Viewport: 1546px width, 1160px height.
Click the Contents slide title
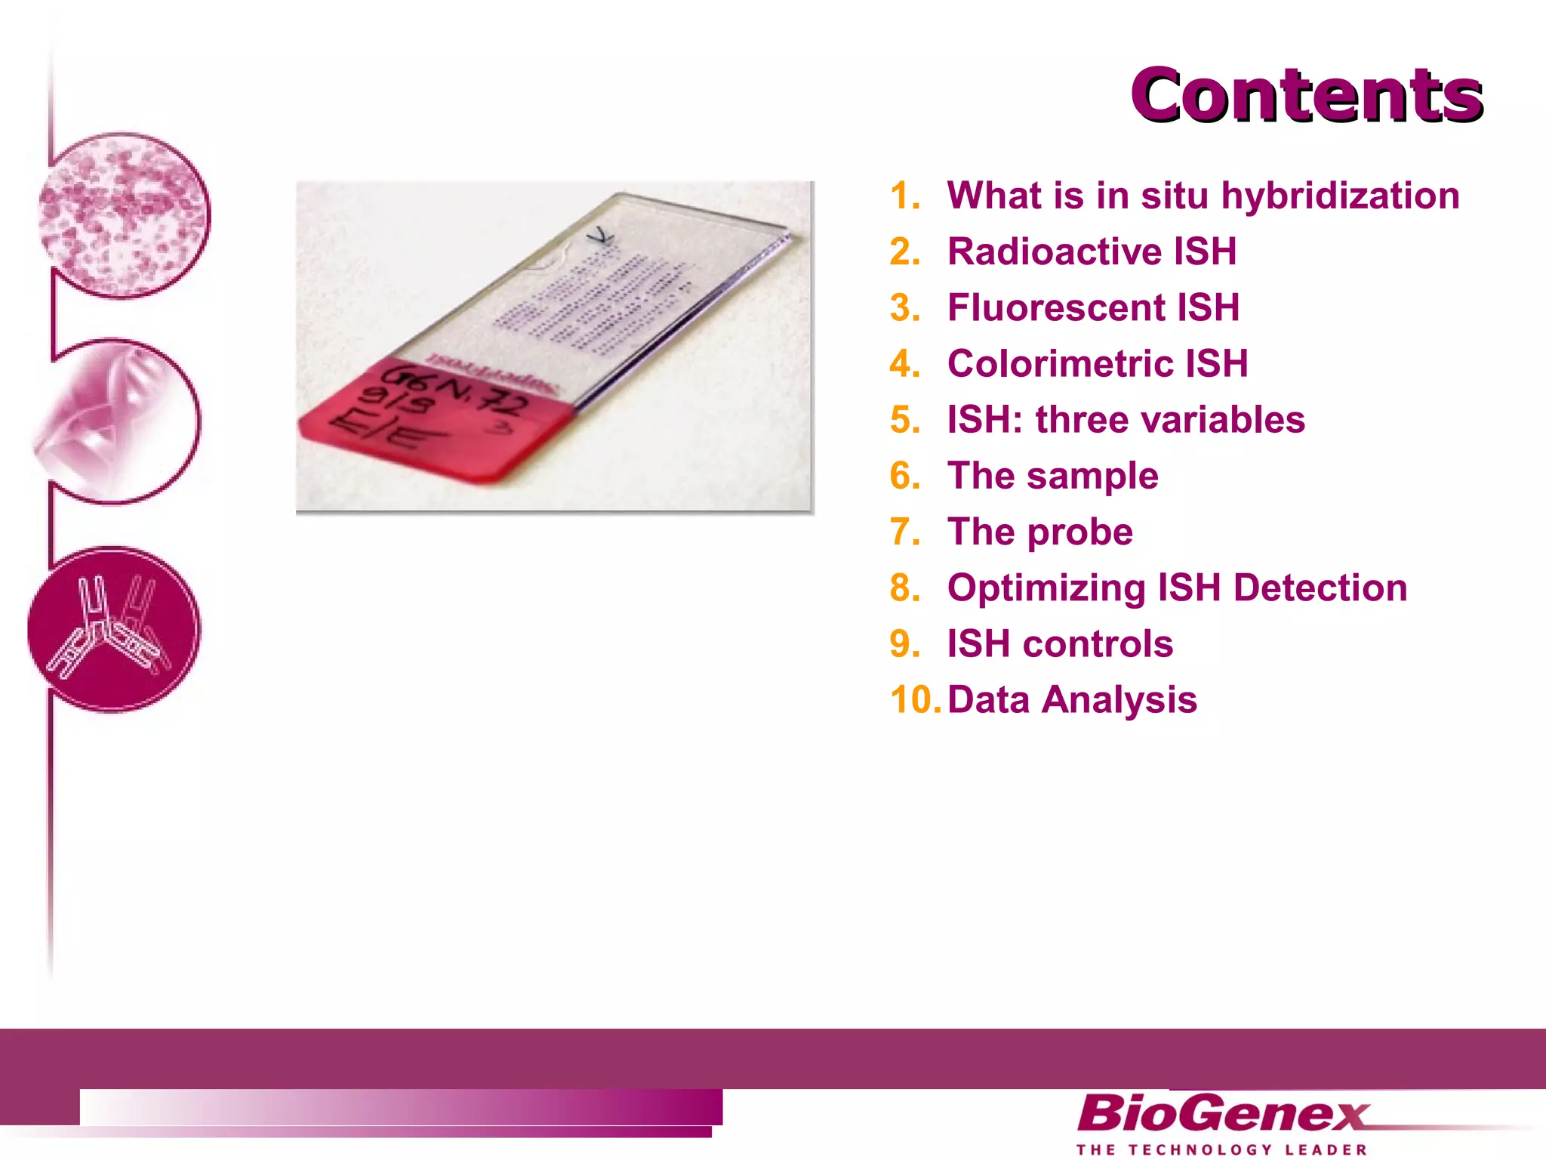pos(1306,95)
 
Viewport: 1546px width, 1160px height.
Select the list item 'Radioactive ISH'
pos(1092,251)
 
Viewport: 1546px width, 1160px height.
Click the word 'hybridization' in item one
pos(1340,196)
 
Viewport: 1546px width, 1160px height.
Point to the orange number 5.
pos(904,420)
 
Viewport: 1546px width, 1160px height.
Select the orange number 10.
pos(914,700)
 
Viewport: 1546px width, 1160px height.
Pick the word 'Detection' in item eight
pos(1320,588)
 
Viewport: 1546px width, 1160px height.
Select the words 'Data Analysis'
pos(1072,700)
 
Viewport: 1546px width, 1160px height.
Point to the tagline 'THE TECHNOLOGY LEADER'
pos(1221,1149)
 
